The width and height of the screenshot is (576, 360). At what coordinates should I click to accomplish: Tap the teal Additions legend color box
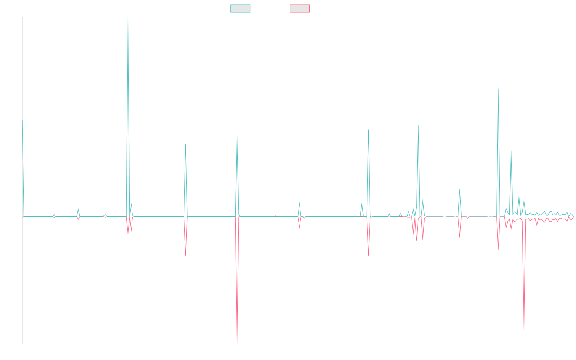click(240, 9)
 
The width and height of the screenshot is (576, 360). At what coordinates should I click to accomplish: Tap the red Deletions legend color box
click(300, 9)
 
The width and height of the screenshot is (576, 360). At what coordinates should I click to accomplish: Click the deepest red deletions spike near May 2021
click(237, 342)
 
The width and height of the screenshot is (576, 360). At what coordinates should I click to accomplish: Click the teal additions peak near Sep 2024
click(498, 89)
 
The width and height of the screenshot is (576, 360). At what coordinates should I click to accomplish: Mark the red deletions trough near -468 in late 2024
click(524, 330)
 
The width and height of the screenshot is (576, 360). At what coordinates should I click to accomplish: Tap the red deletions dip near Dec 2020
click(186, 255)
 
